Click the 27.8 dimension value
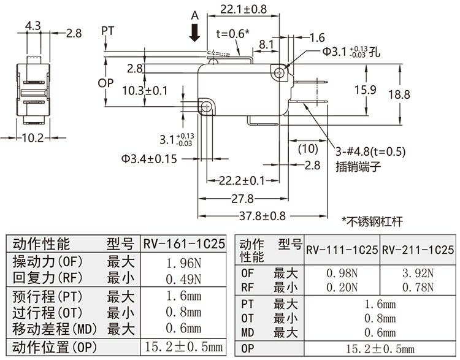click(242, 199)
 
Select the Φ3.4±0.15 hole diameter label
click(149, 159)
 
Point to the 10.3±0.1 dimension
click(145, 91)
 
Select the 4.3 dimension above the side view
click(34, 26)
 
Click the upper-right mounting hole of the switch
click(280, 73)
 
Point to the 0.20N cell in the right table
click(342, 286)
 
